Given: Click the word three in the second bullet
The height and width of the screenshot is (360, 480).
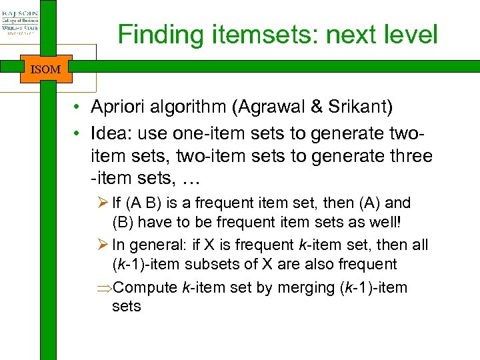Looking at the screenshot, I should [406, 157].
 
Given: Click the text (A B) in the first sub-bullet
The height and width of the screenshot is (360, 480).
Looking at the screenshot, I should [147, 203].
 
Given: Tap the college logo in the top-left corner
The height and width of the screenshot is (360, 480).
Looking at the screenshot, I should [21, 25].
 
